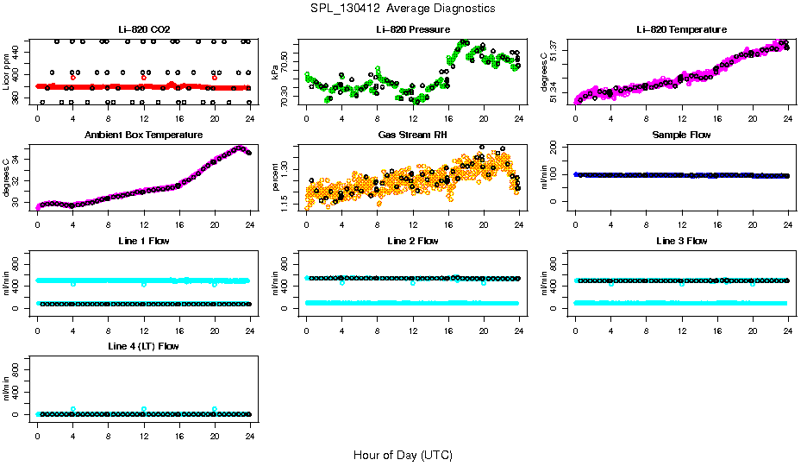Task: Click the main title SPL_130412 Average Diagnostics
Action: [x=403, y=8]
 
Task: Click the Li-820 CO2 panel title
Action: [x=144, y=29]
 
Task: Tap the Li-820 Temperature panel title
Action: [x=681, y=29]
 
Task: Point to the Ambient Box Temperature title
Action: [x=144, y=135]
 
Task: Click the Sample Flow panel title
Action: [x=681, y=135]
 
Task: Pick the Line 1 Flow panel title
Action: [x=144, y=240]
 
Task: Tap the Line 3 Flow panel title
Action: [x=681, y=240]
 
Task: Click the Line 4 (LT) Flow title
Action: [x=144, y=345]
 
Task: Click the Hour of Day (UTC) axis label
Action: [x=403, y=455]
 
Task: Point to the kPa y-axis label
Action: [x=275, y=72]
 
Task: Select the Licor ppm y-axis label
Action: [x=7, y=72]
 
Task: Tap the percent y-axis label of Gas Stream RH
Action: [x=275, y=177]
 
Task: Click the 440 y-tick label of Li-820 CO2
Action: [x=19, y=50]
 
